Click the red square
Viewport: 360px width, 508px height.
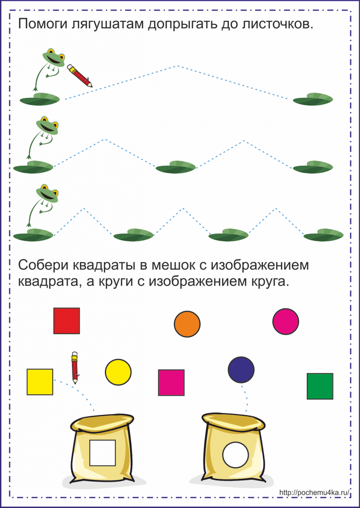(x=66, y=320)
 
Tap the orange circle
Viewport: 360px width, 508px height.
(x=187, y=324)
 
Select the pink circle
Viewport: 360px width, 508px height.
(x=286, y=321)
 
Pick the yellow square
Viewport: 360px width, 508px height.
(x=40, y=382)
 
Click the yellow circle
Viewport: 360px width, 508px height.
(x=118, y=372)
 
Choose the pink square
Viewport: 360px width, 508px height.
(x=171, y=383)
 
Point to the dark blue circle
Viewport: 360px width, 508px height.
(x=241, y=370)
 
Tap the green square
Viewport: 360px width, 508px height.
(x=320, y=386)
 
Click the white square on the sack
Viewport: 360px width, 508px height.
(x=102, y=453)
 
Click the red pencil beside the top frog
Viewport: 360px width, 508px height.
(x=79, y=75)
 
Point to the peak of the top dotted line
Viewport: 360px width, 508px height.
(x=178, y=66)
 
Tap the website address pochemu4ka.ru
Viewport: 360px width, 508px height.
(x=315, y=492)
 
